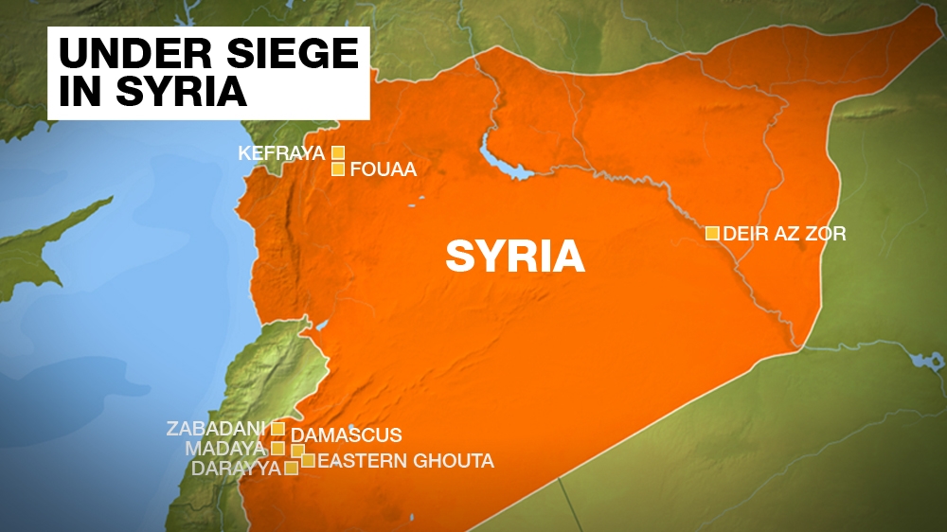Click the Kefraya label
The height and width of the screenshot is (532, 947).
281,152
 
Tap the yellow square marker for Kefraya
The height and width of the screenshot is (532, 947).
337,152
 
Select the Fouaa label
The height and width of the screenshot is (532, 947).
383,170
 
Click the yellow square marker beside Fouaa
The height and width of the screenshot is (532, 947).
337,169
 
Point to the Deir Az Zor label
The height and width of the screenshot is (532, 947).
784,233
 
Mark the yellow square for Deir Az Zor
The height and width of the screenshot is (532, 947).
711,233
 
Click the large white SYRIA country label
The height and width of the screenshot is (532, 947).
515,256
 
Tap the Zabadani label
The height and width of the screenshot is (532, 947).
216,429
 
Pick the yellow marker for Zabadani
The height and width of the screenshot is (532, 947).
277,429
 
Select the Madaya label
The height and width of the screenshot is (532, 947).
225,448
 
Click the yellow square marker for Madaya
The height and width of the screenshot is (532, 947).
277,448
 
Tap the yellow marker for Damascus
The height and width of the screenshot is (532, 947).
297,451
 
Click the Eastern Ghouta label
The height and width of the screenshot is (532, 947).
405,461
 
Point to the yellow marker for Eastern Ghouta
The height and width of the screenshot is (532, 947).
308,461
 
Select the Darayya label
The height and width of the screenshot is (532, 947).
236,468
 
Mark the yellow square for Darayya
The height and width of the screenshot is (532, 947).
292,468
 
